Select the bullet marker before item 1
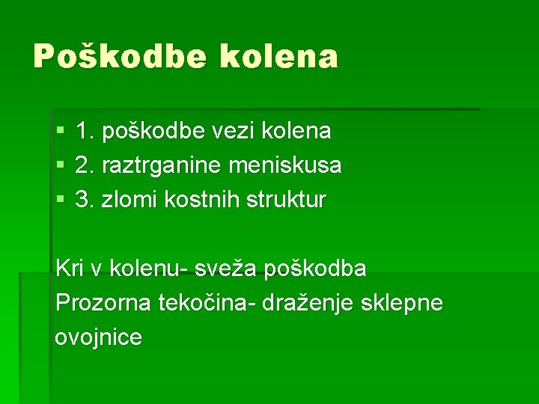click(60, 132)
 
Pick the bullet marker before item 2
click(60, 166)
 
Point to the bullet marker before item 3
click(60, 201)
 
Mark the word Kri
click(70, 269)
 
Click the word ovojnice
click(99, 337)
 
